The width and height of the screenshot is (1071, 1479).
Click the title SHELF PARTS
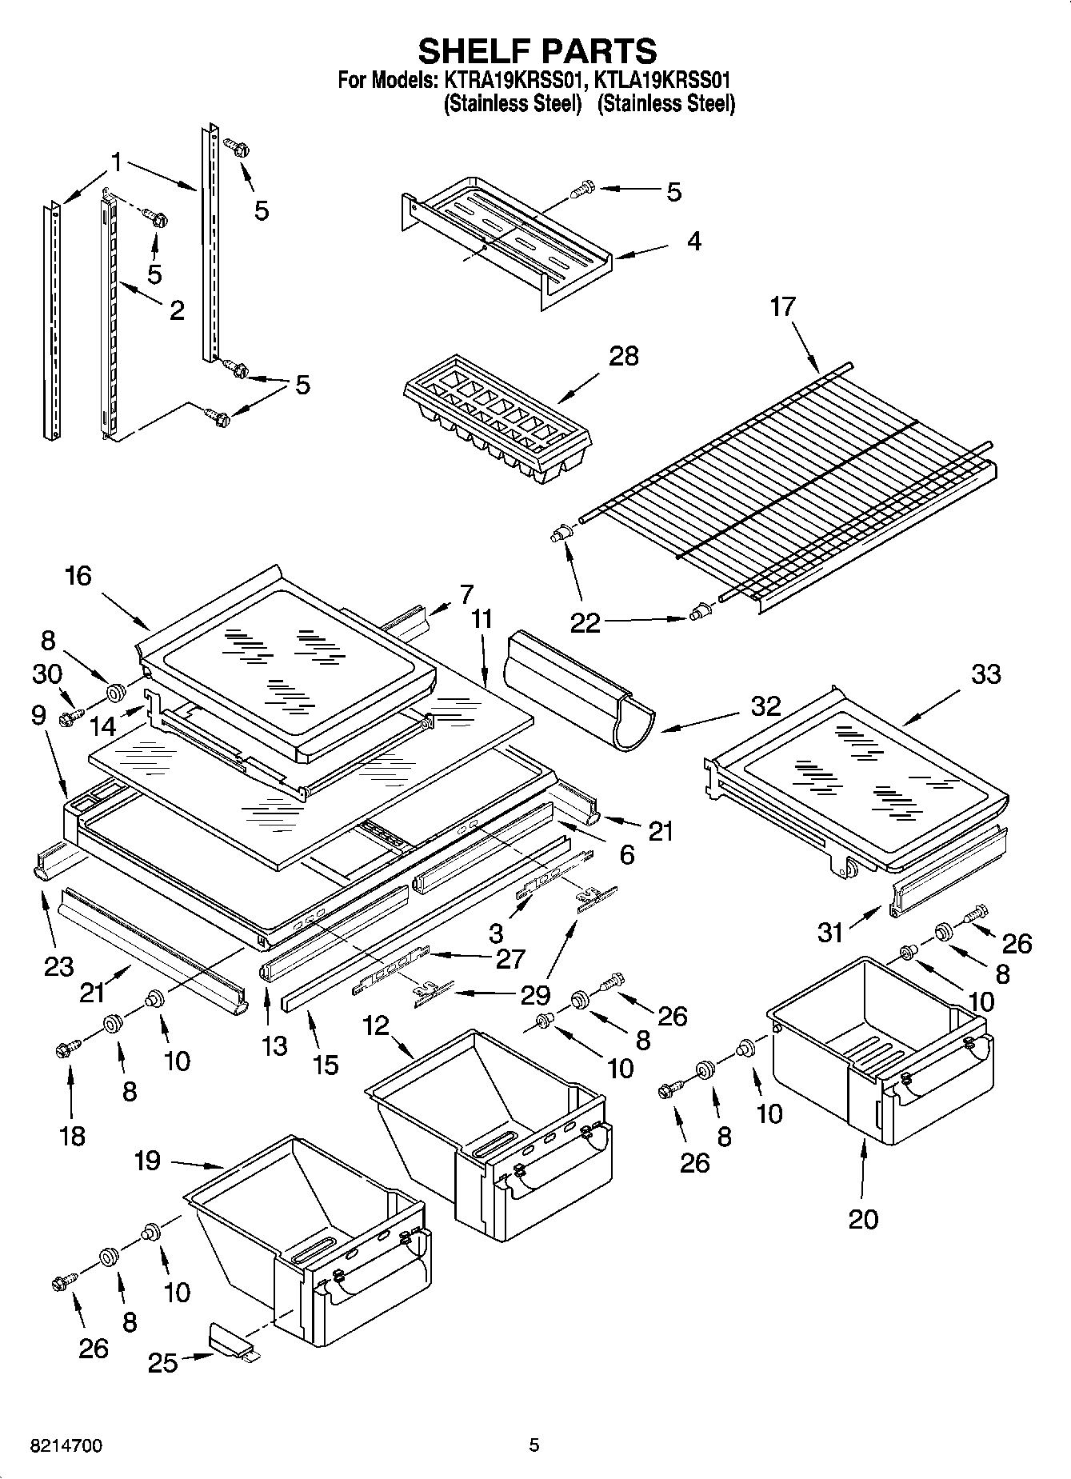(x=537, y=50)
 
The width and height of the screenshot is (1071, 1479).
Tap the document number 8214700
(x=66, y=1445)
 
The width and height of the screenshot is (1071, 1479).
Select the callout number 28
(x=623, y=355)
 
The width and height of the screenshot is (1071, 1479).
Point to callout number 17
(x=783, y=306)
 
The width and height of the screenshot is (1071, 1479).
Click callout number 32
(x=765, y=706)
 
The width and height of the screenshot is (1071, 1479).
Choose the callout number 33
(x=985, y=674)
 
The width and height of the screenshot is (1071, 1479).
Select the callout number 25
(x=163, y=1362)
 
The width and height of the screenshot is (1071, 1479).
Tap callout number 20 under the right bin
(x=863, y=1219)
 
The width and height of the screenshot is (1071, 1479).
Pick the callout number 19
(x=147, y=1160)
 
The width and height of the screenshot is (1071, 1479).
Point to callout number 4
(x=693, y=241)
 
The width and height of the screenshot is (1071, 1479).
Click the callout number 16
(x=78, y=575)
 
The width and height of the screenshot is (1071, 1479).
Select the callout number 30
(x=47, y=674)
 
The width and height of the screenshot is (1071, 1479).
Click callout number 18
(x=72, y=1136)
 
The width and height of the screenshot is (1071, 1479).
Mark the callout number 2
(x=176, y=310)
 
